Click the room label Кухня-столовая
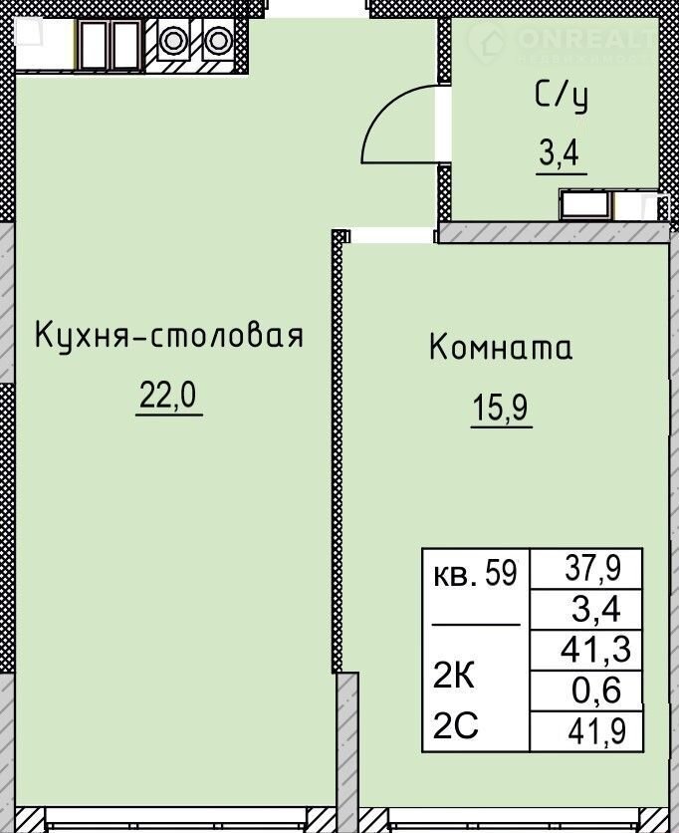tap(169, 336)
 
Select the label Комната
tap(501, 348)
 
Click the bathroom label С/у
tap(562, 99)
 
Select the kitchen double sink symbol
tap(109, 45)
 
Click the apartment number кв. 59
tap(476, 574)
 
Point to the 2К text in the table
tap(453, 677)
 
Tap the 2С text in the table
tap(456, 725)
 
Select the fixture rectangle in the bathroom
tap(585, 204)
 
